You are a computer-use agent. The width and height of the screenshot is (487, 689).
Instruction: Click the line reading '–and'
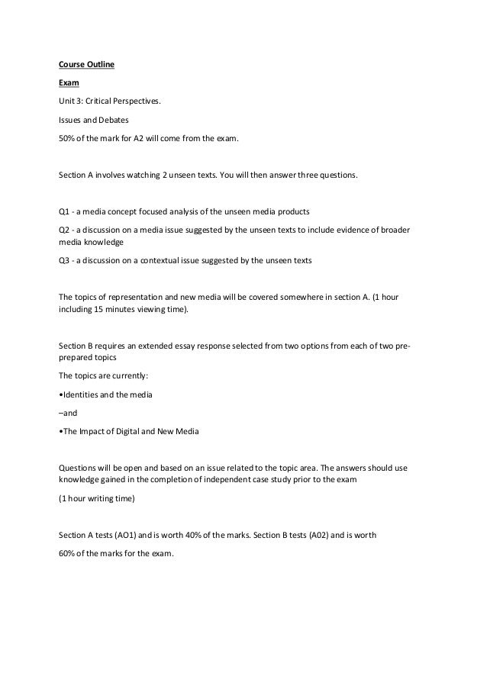(x=66, y=414)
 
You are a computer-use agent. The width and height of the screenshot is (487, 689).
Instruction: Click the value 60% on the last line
(x=67, y=553)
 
